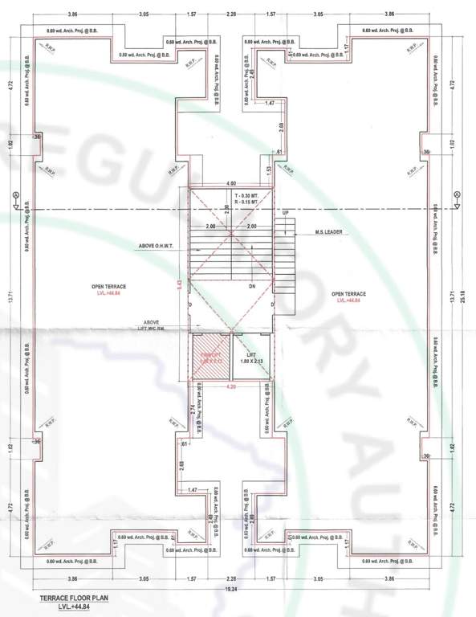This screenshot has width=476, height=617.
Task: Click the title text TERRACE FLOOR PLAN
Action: click(72, 599)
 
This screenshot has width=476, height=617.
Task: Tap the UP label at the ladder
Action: click(285, 213)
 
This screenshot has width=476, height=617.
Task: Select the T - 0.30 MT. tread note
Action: click(247, 195)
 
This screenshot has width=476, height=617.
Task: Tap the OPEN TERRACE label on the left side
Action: click(110, 286)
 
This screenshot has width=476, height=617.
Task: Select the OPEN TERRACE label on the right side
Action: click(348, 294)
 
